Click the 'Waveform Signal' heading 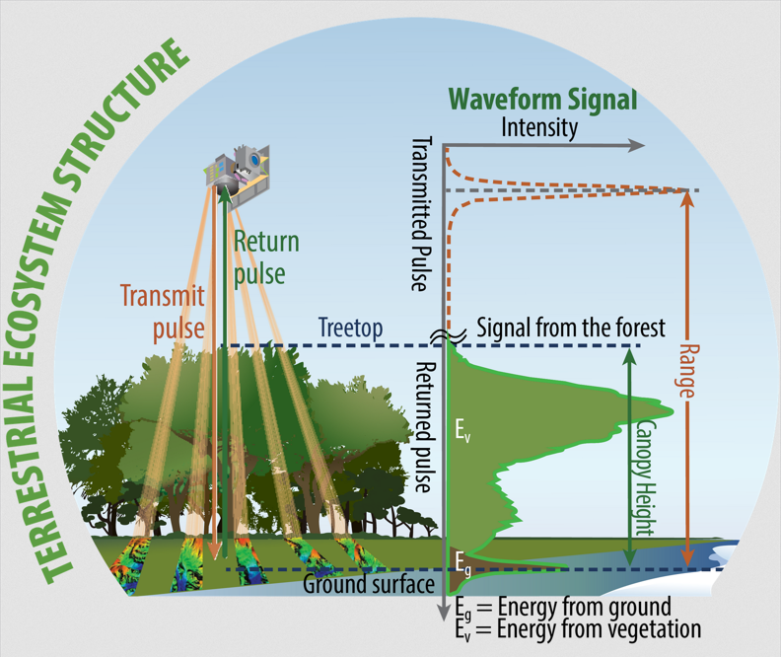point(543,99)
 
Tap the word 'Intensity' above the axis point(539,127)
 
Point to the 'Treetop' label point(351,328)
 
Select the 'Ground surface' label point(369,584)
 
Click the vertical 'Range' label point(689,371)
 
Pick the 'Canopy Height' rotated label point(646,477)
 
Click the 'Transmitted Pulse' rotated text point(421,214)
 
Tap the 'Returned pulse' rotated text point(425,427)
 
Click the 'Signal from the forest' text point(571,328)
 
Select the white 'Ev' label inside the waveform point(462,430)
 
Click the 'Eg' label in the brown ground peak point(462,563)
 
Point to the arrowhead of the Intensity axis point(637,145)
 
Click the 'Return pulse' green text point(266,257)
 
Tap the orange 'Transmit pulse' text point(163,313)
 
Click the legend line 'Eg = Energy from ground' point(563,608)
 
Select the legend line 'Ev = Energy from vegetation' point(578,629)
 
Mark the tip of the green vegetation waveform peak point(674,412)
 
